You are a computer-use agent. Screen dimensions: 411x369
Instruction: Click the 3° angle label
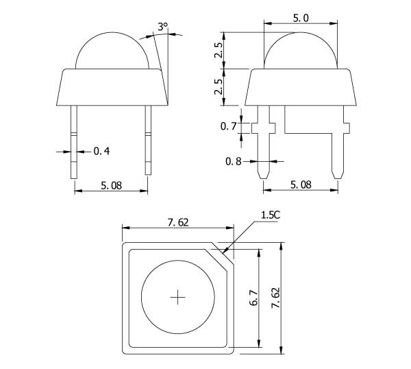click(x=162, y=27)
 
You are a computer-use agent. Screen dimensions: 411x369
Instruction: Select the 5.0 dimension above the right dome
click(x=301, y=18)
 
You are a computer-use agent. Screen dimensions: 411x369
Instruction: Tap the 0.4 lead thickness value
click(x=101, y=151)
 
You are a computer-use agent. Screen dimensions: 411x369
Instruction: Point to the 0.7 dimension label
click(x=229, y=126)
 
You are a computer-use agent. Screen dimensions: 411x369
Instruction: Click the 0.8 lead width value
click(x=234, y=161)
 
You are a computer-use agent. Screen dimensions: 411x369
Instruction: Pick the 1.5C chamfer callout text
click(x=271, y=215)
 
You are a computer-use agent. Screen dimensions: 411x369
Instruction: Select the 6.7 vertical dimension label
click(x=253, y=298)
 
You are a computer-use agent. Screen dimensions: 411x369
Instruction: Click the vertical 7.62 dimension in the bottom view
click(x=276, y=298)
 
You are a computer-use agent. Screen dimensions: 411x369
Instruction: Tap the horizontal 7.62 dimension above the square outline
click(x=178, y=222)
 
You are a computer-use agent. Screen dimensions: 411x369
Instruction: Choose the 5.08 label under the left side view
click(x=112, y=186)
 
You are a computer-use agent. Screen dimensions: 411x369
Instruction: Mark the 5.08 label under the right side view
click(x=301, y=184)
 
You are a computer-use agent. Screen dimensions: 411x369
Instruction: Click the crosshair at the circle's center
click(x=177, y=297)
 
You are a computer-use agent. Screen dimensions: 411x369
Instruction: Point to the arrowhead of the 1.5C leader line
click(x=223, y=252)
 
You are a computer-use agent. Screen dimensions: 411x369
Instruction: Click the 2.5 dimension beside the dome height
click(x=219, y=50)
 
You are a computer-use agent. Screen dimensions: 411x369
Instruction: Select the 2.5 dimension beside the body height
click(x=219, y=87)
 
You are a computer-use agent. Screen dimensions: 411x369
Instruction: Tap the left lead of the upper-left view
click(x=74, y=142)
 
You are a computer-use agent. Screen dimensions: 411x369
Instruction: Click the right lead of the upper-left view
click(x=148, y=140)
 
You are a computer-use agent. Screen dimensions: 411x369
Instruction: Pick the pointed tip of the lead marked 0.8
click(x=264, y=178)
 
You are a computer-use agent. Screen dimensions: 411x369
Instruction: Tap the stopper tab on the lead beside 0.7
click(x=264, y=128)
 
